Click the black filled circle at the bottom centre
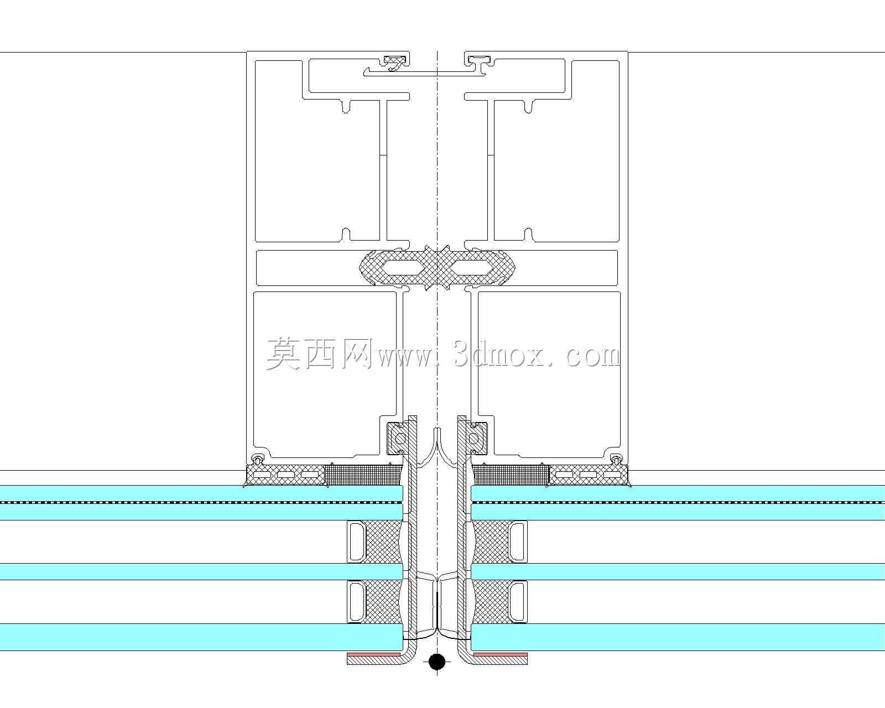tap(437, 662)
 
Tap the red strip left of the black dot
tap(374, 654)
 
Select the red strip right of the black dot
tap(501, 654)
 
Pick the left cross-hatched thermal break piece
tap(398, 267)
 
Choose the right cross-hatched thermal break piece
tap(476, 267)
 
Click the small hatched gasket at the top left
tap(395, 63)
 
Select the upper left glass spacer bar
tap(356, 542)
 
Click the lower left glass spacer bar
tap(356, 601)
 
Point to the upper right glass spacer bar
tap(518, 542)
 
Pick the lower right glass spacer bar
tap(518, 601)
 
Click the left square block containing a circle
tap(398, 439)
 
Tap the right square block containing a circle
tap(476, 439)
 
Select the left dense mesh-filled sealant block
tap(363, 475)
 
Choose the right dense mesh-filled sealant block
tap(511, 475)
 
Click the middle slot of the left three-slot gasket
tap(286, 475)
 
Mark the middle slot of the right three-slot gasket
tap(588, 475)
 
